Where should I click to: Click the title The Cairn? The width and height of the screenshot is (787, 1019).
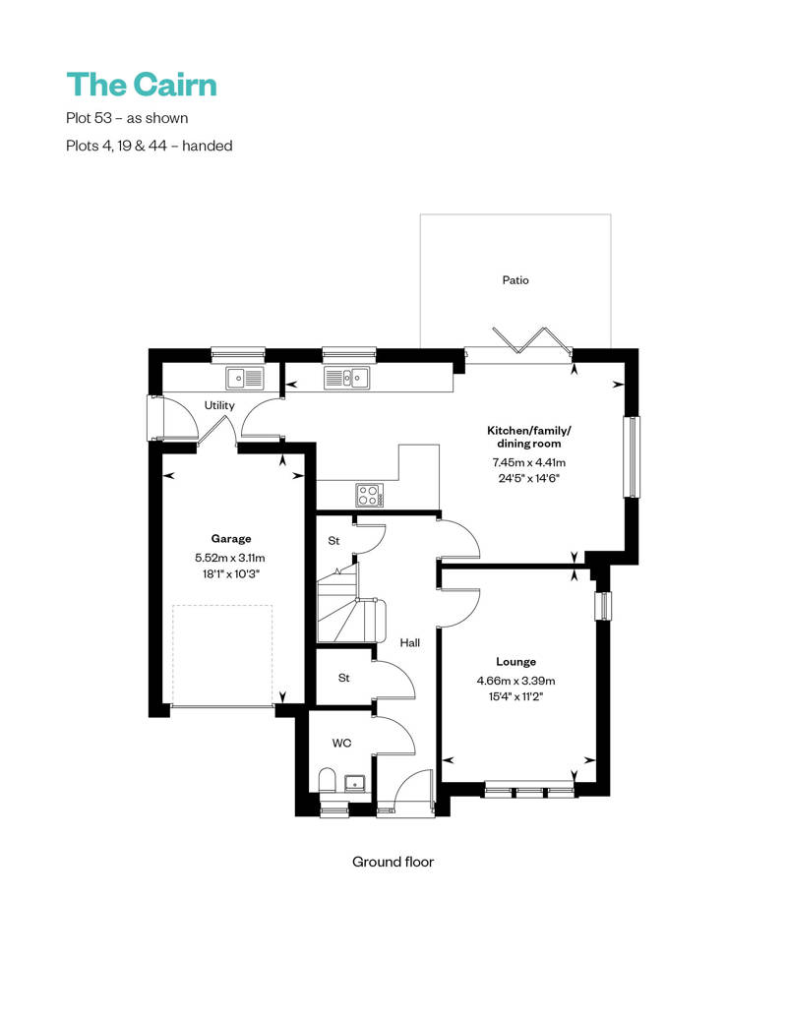[x=142, y=85]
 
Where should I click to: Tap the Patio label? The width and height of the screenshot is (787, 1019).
[x=515, y=280]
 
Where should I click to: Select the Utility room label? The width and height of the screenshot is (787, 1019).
[x=219, y=405]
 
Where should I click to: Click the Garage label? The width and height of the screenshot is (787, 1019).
[x=231, y=538]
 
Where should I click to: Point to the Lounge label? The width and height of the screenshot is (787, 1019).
[x=515, y=662]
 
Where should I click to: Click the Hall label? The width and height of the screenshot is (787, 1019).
[x=410, y=642]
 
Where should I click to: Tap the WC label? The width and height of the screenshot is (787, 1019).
[x=341, y=744]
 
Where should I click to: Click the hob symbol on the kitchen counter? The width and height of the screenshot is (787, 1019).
[x=369, y=494]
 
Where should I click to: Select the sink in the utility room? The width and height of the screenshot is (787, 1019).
[x=243, y=377]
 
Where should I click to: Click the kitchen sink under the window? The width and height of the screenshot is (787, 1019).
[x=347, y=377]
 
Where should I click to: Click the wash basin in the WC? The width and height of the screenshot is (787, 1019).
[x=355, y=783]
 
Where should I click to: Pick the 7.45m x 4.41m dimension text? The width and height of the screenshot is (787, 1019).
[x=529, y=462]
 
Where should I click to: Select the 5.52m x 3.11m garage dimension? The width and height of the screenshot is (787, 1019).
[x=231, y=558]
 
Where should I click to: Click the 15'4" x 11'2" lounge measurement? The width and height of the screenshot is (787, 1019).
[x=515, y=696]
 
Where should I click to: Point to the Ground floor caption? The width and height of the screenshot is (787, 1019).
[x=393, y=862]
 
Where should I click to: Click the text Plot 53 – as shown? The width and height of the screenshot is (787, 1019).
[x=126, y=118]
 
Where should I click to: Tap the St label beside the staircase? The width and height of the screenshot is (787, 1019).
[x=333, y=541]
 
